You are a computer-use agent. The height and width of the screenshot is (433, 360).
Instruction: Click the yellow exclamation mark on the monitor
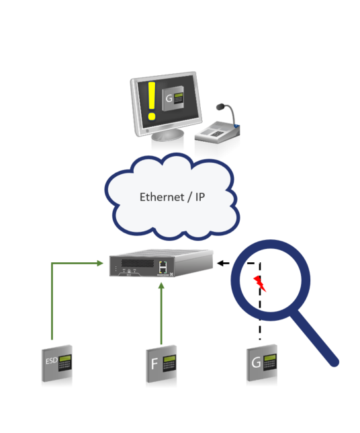pyautogui.click(x=151, y=101)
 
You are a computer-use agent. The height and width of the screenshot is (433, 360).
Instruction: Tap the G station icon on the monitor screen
pyautogui.click(x=173, y=99)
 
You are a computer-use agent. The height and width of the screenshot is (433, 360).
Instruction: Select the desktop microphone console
pyautogui.click(x=218, y=125)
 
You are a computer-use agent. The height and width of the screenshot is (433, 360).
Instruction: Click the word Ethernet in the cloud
pyautogui.click(x=162, y=197)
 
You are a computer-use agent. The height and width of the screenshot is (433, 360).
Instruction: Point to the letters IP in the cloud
pyautogui.click(x=200, y=197)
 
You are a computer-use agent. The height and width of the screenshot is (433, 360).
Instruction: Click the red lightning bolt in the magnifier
pyautogui.click(x=259, y=283)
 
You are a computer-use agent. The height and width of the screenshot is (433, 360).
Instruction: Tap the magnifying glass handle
pyautogui.click(x=315, y=338)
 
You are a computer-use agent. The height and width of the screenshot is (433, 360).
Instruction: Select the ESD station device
pyautogui.click(x=57, y=363)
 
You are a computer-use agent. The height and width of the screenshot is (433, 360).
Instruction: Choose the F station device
pyautogui.click(x=161, y=364)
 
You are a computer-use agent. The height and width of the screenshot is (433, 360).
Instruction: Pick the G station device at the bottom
pyautogui.click(x=262, y=363)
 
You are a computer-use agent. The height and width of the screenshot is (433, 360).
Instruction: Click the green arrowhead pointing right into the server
pyautogui.click(x=100, y=263)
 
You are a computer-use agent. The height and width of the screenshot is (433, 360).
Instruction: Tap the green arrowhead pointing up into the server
pyautogui.click(x=161, y=286)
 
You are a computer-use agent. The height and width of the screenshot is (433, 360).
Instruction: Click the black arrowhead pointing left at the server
pyautogui.click(x=220, y=263)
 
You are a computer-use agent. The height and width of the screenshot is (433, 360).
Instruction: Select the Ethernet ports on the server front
pyautogui.click(x=163, y=267)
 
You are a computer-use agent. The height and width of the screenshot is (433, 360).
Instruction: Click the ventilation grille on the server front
pyautogui.click(x=138, y=263)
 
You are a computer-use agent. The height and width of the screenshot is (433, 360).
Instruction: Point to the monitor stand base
pyautogui.click(x=167, y=134)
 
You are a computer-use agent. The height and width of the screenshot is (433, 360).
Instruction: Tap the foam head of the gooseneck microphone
pyautogui.click(x=220, y=107)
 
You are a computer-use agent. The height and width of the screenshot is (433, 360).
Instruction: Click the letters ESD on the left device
pyautogui.click(x=52, y=360)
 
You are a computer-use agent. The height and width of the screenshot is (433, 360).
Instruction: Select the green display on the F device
pyautogui.click(x=169, y=359)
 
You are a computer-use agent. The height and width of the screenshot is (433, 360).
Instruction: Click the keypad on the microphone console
pyautogui.click(x=218, y=134)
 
